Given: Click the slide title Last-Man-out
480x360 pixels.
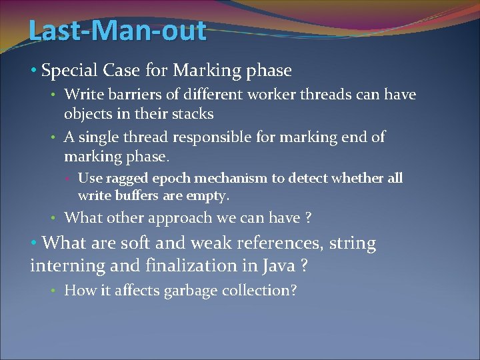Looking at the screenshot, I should (117, 31).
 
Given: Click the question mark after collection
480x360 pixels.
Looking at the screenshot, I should (293, 291).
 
